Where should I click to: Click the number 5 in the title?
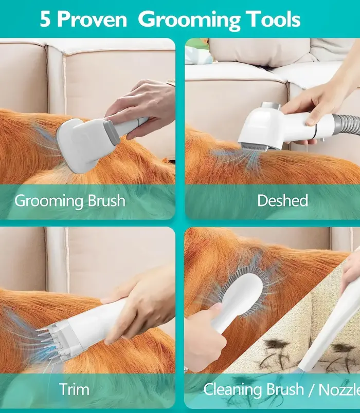pyautogui.click(x=45, y=19)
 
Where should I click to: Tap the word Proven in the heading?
pyautogui.click(x=92, y=19)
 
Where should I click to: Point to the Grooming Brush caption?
pyautogui.click(x=70, y=201)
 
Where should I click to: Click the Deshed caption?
pyautogui.click(x=282, y=200)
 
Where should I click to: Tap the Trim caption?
pyautogui.click(x=74, y=389)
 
